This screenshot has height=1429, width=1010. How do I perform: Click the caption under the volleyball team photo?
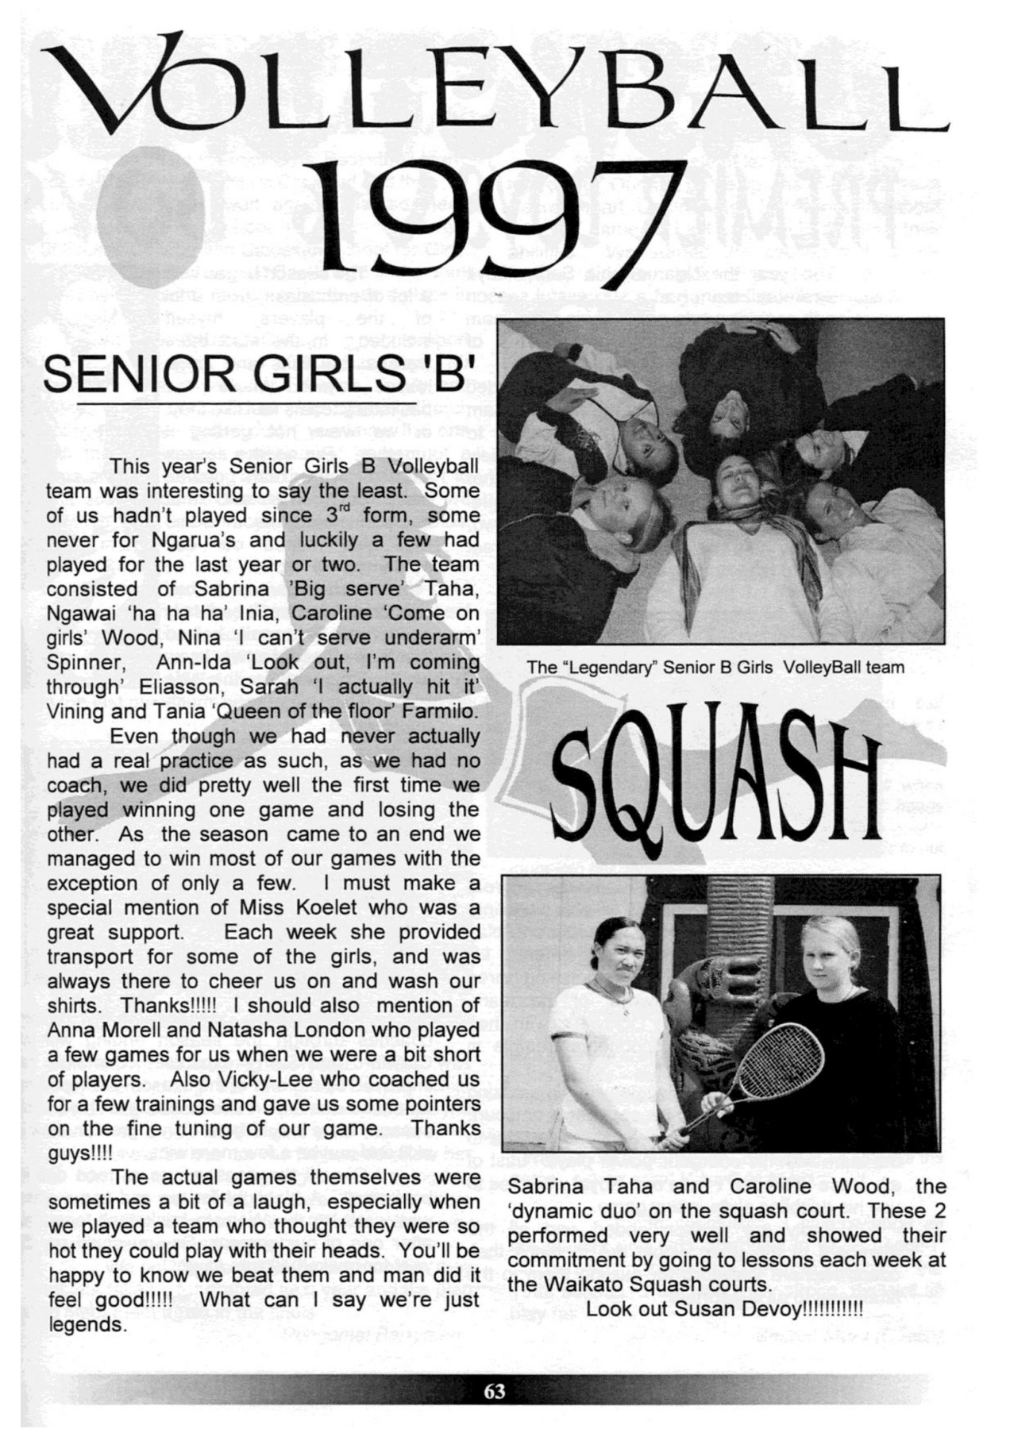(x=715, y=667)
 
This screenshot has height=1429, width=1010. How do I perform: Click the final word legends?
(x=87, y=1325)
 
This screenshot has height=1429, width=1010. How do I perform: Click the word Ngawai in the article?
(x=79, y=614)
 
